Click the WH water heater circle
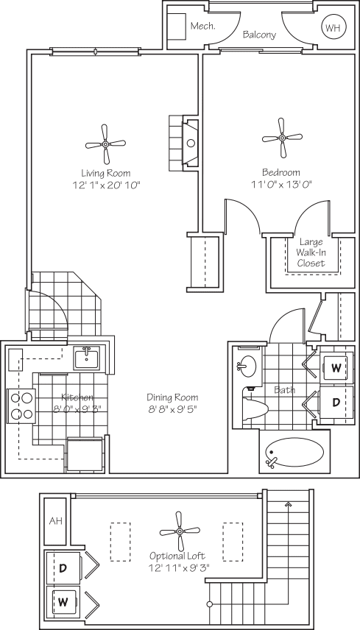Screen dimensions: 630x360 pos(332,29)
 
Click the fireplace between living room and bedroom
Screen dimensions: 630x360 pos(188,143)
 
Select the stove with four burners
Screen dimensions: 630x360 pos(21,406)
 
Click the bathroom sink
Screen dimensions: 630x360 pos(245,365)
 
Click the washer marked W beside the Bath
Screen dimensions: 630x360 pos(336,367)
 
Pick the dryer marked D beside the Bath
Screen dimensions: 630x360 pos(336,403)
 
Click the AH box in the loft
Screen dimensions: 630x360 pos(55,520)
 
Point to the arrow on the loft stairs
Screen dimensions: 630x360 pos(288,505)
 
